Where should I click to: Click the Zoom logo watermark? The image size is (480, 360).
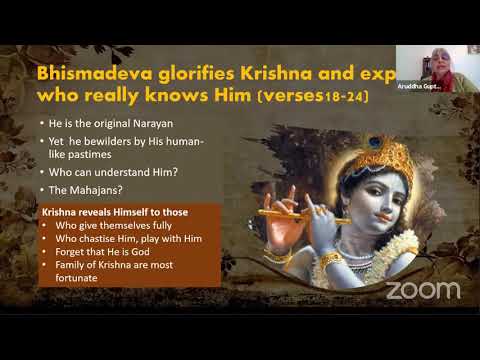tap(423, 290)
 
